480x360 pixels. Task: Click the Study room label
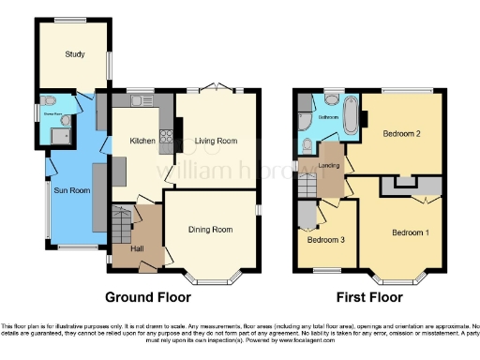pos(75,54)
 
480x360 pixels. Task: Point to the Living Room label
pos(215,142)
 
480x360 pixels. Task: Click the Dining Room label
pos(212,229)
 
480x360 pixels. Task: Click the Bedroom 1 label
pos(411,232)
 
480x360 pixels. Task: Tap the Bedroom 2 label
pos(401,134)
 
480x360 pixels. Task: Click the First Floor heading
pos(366,297)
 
